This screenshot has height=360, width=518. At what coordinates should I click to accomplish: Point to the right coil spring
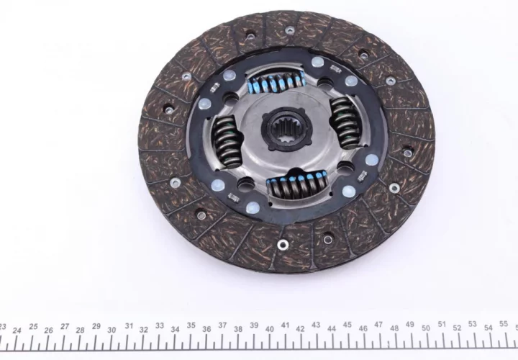pos(345,122)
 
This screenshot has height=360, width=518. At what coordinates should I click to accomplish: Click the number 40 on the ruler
pos(270,329)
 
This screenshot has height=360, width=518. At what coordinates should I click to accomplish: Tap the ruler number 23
pos(2,327)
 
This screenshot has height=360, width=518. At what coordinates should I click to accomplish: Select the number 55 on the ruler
pos(504,323)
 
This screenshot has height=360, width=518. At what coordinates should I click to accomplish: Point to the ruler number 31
pos(129,326)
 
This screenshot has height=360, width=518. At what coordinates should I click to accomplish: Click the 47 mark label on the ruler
pos(378,325)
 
